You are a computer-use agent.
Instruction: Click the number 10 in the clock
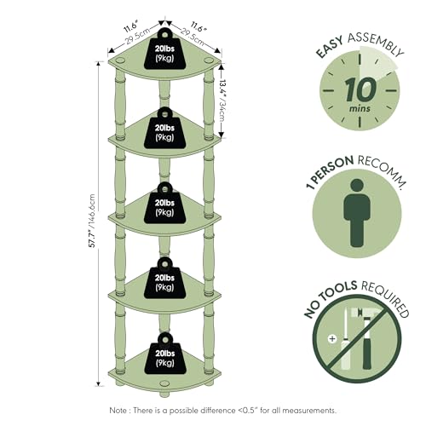click(360, 89)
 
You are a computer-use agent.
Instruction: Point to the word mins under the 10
click(360, 109)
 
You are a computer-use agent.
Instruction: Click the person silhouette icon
click(357, 213)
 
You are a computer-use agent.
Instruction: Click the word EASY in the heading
click(330, 47)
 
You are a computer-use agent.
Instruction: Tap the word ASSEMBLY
click(376, 44)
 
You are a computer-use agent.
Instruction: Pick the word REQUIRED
click(385, 297)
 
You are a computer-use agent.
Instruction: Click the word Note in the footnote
click(118, 411)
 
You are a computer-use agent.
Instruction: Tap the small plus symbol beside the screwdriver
click(332, 338)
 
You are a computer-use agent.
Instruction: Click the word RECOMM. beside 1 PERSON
click(381, 171)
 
